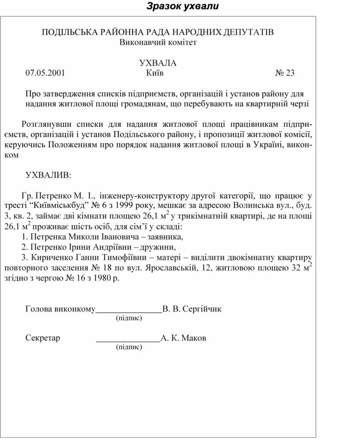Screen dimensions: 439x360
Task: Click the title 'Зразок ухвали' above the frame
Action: click(183, 7)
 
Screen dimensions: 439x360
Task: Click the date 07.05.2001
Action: click(45, 73)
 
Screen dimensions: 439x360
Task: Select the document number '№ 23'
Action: click(285, 73)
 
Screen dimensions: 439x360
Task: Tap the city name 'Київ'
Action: click(154, 73)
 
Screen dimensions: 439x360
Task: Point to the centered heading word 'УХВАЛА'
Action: click(158, 63)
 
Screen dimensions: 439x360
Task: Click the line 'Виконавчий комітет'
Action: click(158, 42)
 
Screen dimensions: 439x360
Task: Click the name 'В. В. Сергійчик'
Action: click(192, 309)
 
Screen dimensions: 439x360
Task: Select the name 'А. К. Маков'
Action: click(183, 338)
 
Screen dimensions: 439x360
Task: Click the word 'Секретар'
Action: click(43, 338)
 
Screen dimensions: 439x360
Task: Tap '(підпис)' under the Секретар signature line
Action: click(129, 347)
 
